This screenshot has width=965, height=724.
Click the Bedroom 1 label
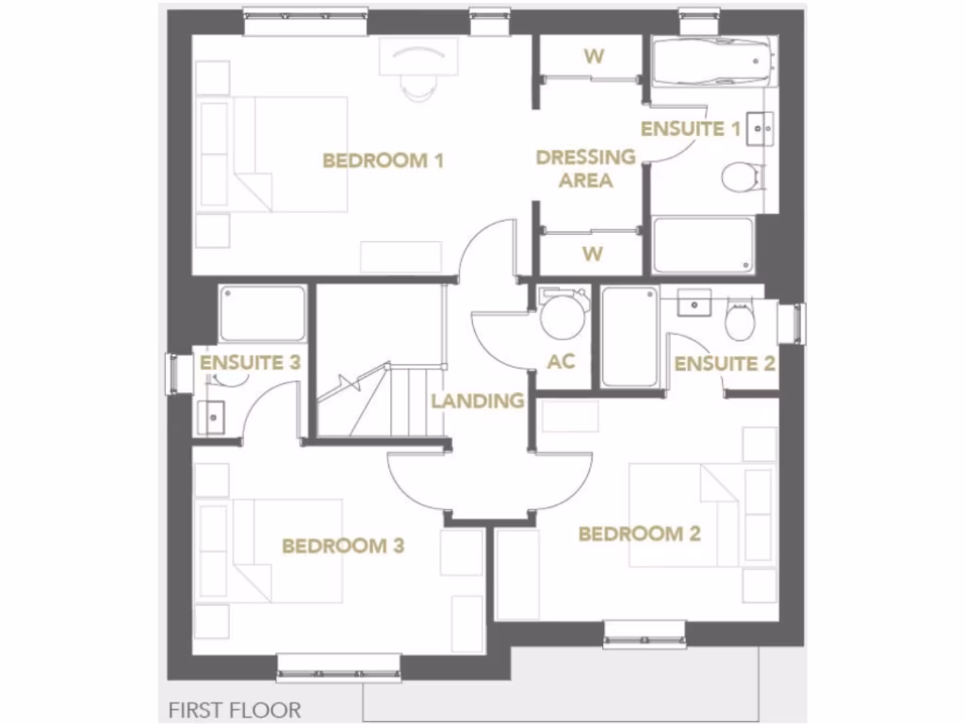(x=383, y=160)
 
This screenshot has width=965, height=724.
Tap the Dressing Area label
(x=585, y=169)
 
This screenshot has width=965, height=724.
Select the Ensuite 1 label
(x=691, y=129)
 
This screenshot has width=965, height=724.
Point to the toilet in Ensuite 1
(x=741, y=175)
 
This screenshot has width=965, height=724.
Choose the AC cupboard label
(x=561, y=362)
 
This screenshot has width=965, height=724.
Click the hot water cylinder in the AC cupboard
(x=563, y=315)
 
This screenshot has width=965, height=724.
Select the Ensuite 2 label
(x=725, y=364)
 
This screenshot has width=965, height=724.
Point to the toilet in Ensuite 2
(x=739, y=321)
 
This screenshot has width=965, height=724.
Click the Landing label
(x=478, y=401)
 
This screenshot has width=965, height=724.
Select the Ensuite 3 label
(x=250, y=362)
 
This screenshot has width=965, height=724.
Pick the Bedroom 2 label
(x=639, y=535)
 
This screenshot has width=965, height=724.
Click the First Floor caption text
(x=235, y=708)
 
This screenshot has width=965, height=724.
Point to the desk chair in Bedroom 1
(x=417, y=83)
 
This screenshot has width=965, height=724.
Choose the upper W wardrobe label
(x=593, y=56)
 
